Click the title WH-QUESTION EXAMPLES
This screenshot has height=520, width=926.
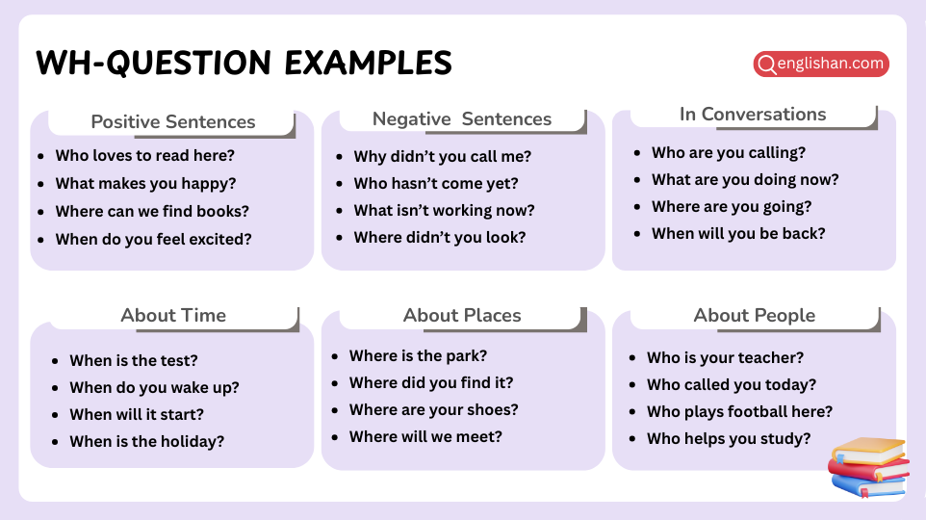click(x=244, y=64)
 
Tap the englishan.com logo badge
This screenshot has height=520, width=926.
click(x=820, y=65)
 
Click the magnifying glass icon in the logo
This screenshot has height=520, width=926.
click(x=767, y=65)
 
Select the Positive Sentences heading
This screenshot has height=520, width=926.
click(x=173, y=122)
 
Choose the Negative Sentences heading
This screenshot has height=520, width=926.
click(x=462, y=119)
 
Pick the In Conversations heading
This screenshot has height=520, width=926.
click(x=753, y=115)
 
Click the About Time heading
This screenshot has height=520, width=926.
click(x=173, y=316)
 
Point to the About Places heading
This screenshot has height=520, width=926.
click(x=462, y=316)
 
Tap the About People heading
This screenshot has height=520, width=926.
click(x=754, y=316)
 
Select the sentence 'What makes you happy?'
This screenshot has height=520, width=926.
click(x=145, y=184)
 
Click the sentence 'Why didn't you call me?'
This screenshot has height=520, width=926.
click(x=443, y=157)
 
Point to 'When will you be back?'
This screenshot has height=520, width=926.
click(x=738, y=234)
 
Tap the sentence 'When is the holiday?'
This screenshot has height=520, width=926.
click(x=146, y=442)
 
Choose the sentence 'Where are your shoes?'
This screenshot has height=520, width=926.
click(x=433, y=410)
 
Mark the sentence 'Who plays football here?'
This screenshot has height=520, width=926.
click(x=739, y=412)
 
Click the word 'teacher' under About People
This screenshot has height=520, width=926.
click(x=771, y=358)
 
